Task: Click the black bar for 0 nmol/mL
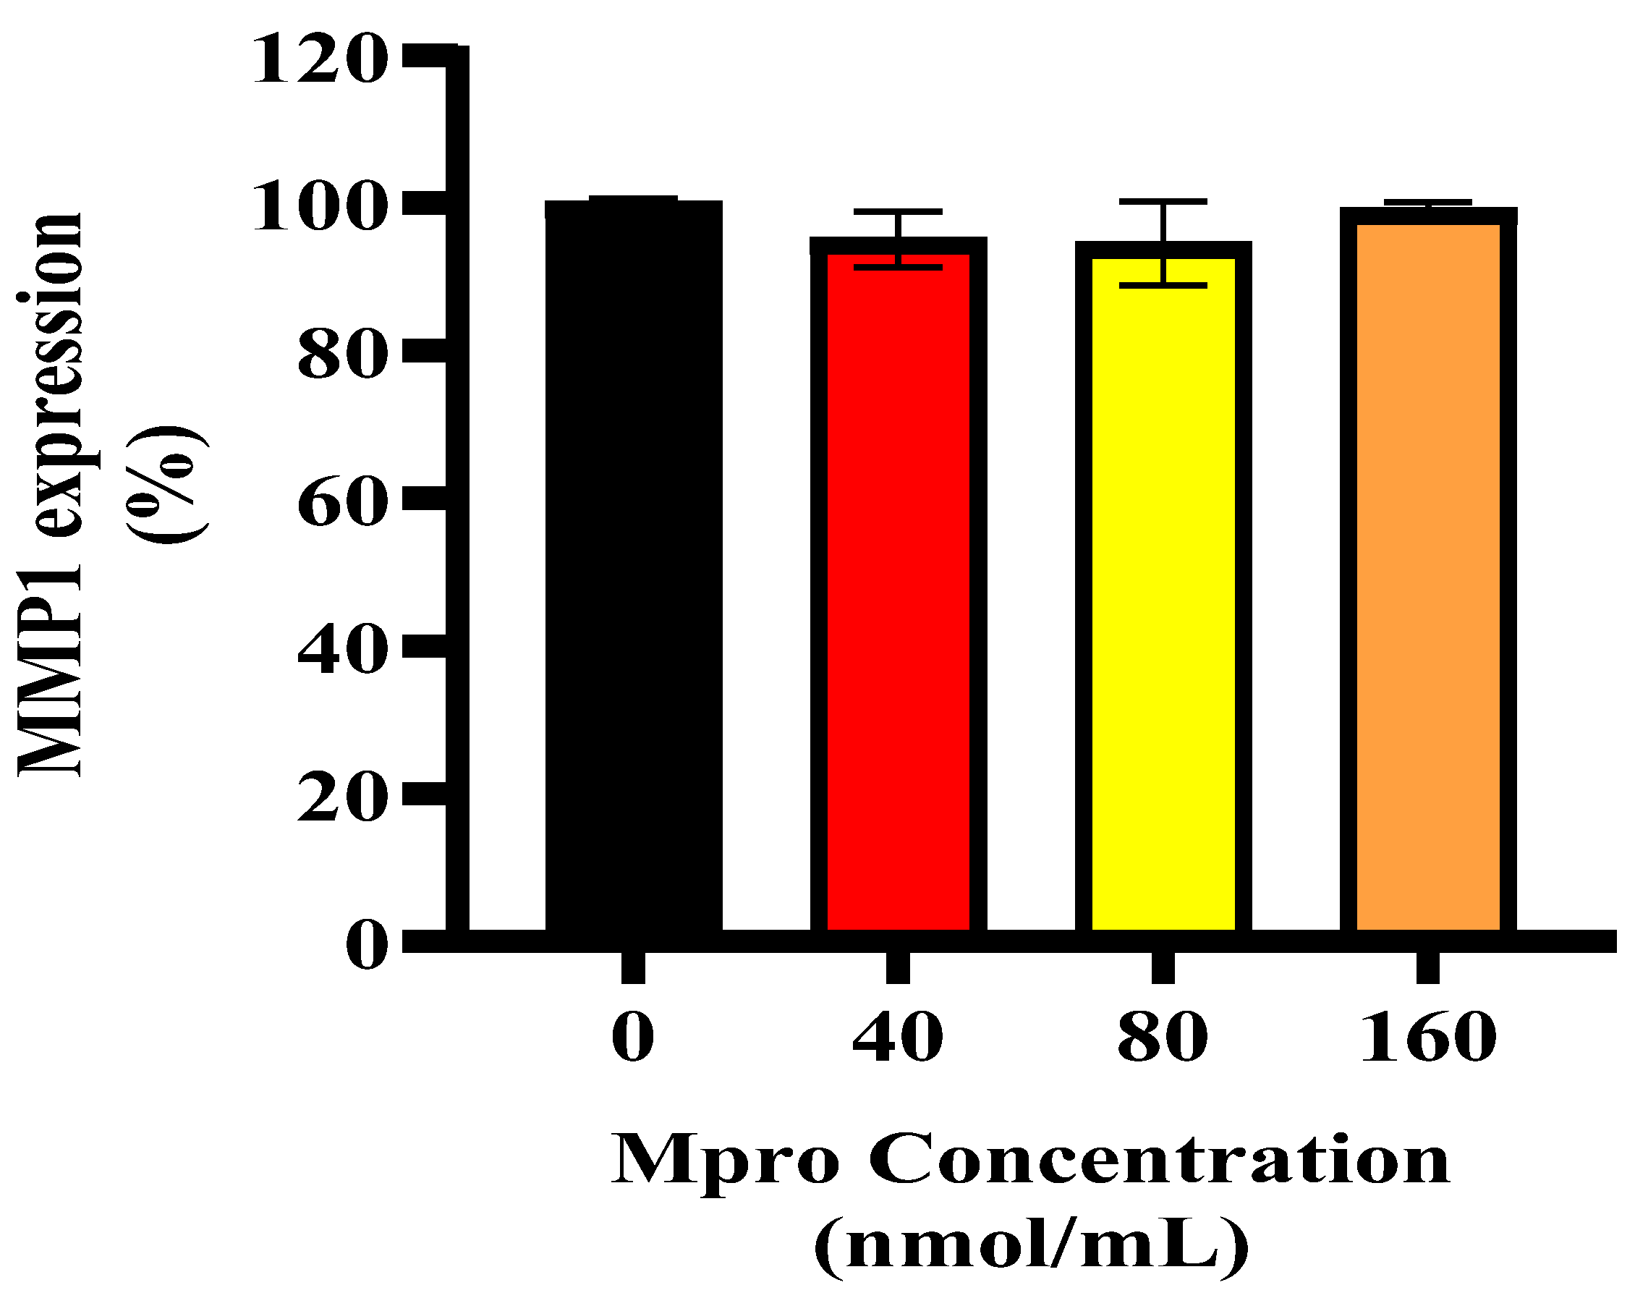633,569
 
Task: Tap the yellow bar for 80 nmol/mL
1163,592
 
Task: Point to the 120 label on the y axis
315,62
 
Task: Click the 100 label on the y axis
315,208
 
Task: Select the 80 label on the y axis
337,357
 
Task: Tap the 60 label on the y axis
337,504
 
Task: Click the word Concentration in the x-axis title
1160,1161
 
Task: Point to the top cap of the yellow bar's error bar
1163,202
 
